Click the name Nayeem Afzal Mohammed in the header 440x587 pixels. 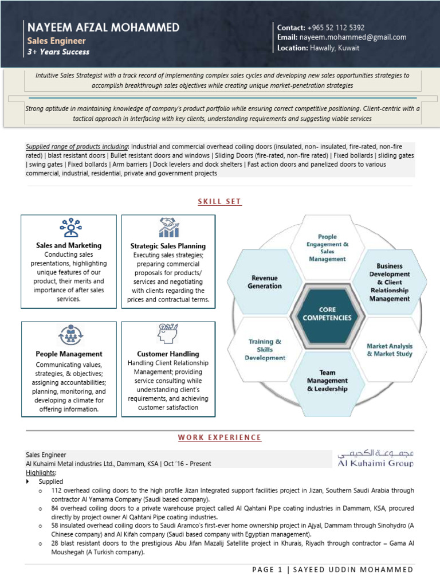[x=103, y=28]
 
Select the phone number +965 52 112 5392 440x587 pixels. [x=336, y=28]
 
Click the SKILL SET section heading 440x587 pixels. [x=219, y=202]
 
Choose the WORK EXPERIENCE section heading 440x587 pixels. [x=219, y=437]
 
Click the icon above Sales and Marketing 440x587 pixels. [x=69, y=228]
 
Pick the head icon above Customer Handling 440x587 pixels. [x=168, y=335]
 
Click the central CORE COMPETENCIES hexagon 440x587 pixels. [x=328, y=313]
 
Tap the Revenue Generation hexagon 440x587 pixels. [x=265, y=282]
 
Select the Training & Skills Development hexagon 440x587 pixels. [x=265, y=349]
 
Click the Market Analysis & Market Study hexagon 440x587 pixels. [x=390, y=350]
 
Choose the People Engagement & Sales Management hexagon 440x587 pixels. [x=327, y=248]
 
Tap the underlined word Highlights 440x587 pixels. [x=41, y=473]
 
